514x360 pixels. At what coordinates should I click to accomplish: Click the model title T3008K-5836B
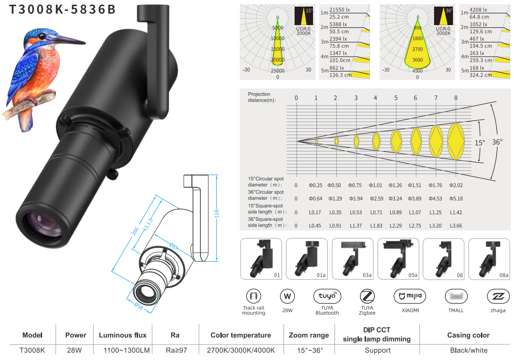coord(62,9)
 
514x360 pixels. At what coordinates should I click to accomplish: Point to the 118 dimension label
coord(217,214)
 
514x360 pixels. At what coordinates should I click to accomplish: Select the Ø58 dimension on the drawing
coord(139,306)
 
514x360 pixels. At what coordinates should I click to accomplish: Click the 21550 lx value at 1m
coord(340,10)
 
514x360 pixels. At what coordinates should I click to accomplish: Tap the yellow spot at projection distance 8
coord(456,141)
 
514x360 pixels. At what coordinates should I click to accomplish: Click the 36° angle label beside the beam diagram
coord(497,142)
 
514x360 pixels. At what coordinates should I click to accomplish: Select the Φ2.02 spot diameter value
coord(456,185)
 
